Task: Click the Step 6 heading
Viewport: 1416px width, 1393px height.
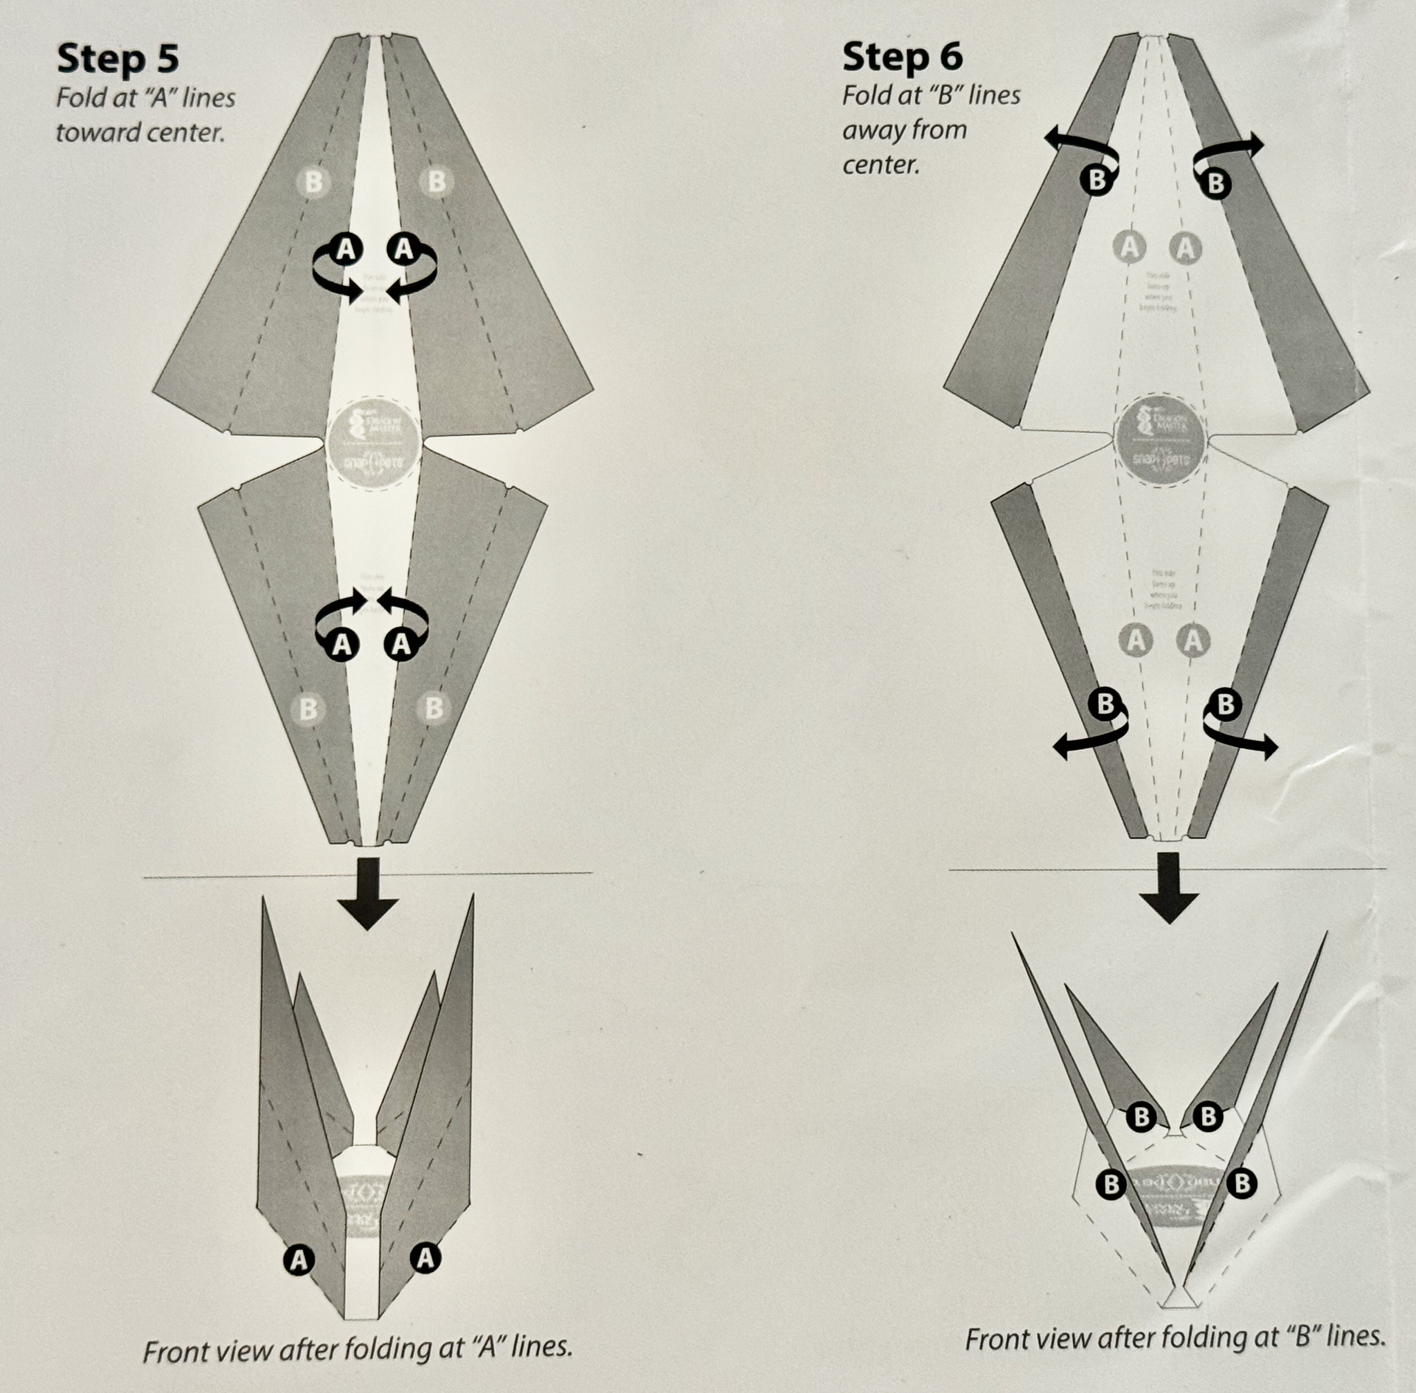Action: coord(902,57)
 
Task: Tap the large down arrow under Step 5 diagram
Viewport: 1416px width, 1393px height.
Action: coord(367,893)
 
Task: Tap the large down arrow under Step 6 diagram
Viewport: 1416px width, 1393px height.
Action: coord(1168,888)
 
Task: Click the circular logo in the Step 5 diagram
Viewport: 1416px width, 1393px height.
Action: coord(373,447)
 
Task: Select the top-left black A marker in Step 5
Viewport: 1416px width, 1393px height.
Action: coord(345,250)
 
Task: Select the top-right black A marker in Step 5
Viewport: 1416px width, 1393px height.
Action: coord(404,249)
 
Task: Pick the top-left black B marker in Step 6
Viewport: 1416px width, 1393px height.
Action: coord(1097,179)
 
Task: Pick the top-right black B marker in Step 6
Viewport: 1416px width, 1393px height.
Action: coord(1216,182)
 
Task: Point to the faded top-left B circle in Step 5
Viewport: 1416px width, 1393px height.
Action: coord(313,181)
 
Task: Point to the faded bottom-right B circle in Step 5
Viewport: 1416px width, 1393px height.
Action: coord(434,708)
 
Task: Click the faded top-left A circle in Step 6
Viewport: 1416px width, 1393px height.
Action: coord(1129,247)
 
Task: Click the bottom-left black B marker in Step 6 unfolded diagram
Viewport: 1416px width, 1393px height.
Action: coord(1105,704)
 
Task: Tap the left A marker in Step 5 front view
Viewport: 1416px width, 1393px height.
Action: coord(299,1260)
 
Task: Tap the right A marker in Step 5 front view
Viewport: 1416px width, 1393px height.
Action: coord(425,1257)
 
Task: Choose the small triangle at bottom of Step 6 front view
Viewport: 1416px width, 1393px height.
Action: coord(1178,1299)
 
